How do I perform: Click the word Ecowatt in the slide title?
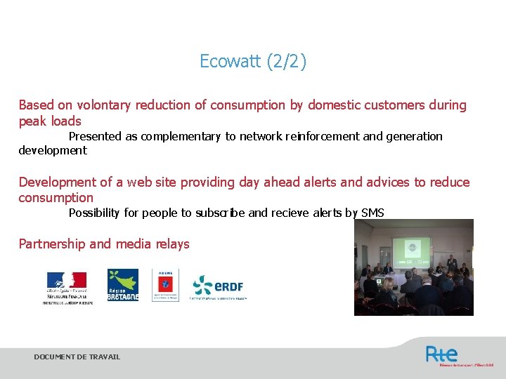(x=230, y=62)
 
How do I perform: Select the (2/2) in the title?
(x=285, y=62)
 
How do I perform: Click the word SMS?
(x=372, y=213)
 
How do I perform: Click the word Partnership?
(x=53, y=244)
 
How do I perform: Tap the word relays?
(x=171, y=244)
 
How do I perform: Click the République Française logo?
(x=67, y=286)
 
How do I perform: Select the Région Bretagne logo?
(x=122, y=285)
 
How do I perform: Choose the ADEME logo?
(x=165, y=285)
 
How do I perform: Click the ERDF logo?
(x=219, y=285)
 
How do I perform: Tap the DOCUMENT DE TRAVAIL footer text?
(x=77, y=357)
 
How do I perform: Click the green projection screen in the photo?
(x=411, y=248)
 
